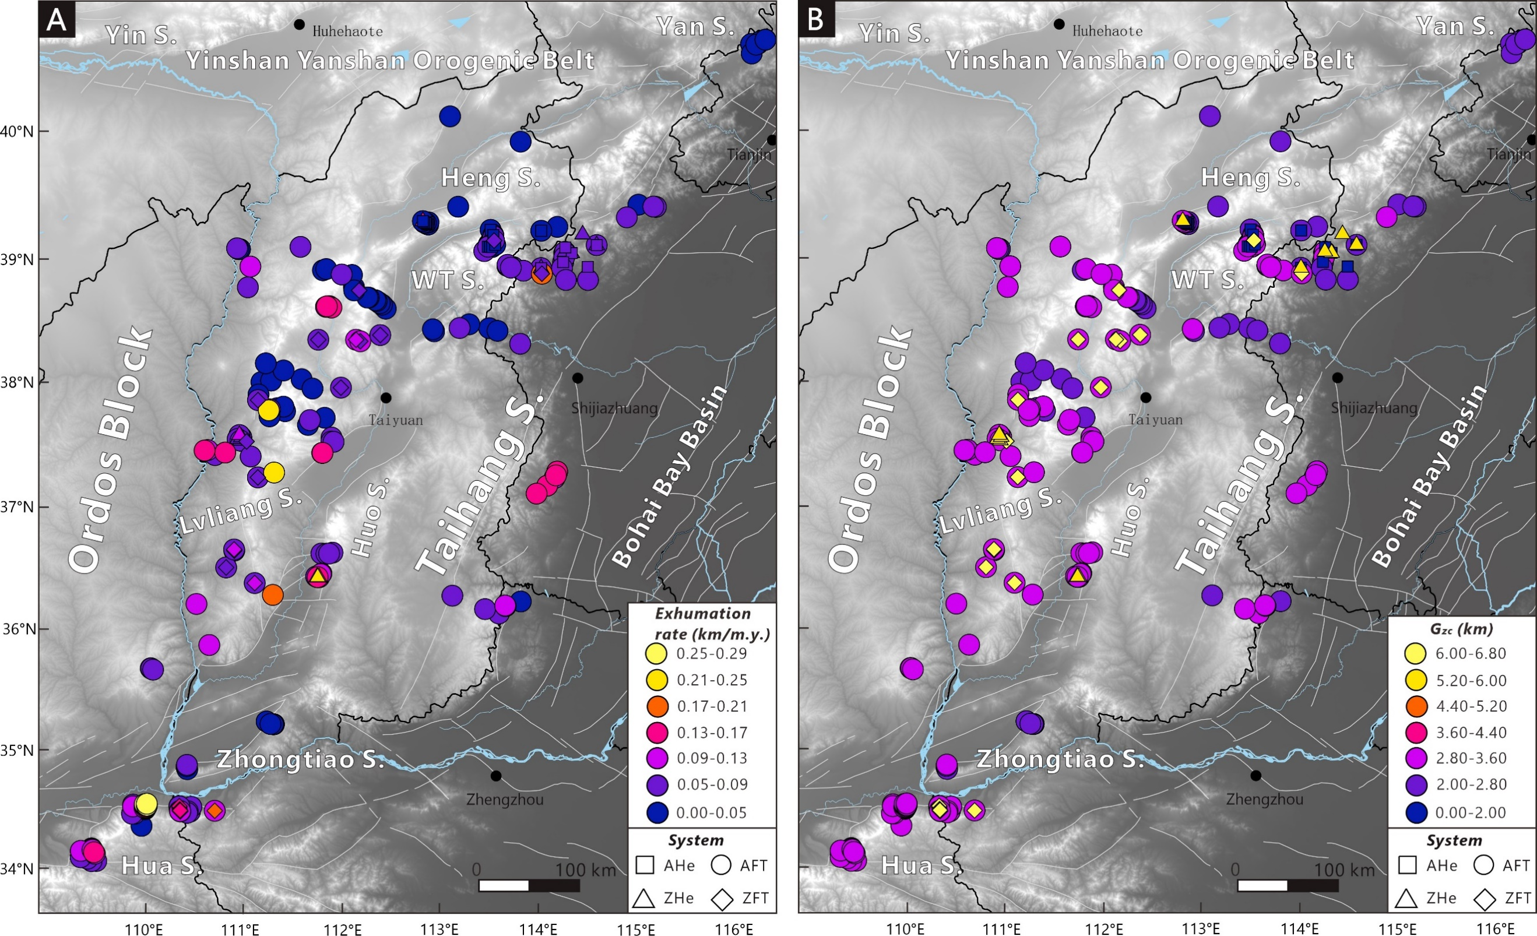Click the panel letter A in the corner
tap(57, 20)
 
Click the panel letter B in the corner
tap(816, 20)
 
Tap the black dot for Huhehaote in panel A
tap(300, 24)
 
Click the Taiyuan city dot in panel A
tap(386, 398)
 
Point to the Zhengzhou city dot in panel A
tap(496, 776)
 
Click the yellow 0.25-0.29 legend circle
tap(657, 653)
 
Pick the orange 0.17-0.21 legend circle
tap(657, 706)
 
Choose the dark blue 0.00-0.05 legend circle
tap(657, 812)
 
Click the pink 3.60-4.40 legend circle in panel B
tap(1416, 733)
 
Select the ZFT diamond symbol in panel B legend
tap(1485, 899)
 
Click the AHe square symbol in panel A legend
tap(645, 865)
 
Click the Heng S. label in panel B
tap(1251, 178)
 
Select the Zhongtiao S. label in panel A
tap(301, 759)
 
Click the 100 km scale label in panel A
tap(585, 870)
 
